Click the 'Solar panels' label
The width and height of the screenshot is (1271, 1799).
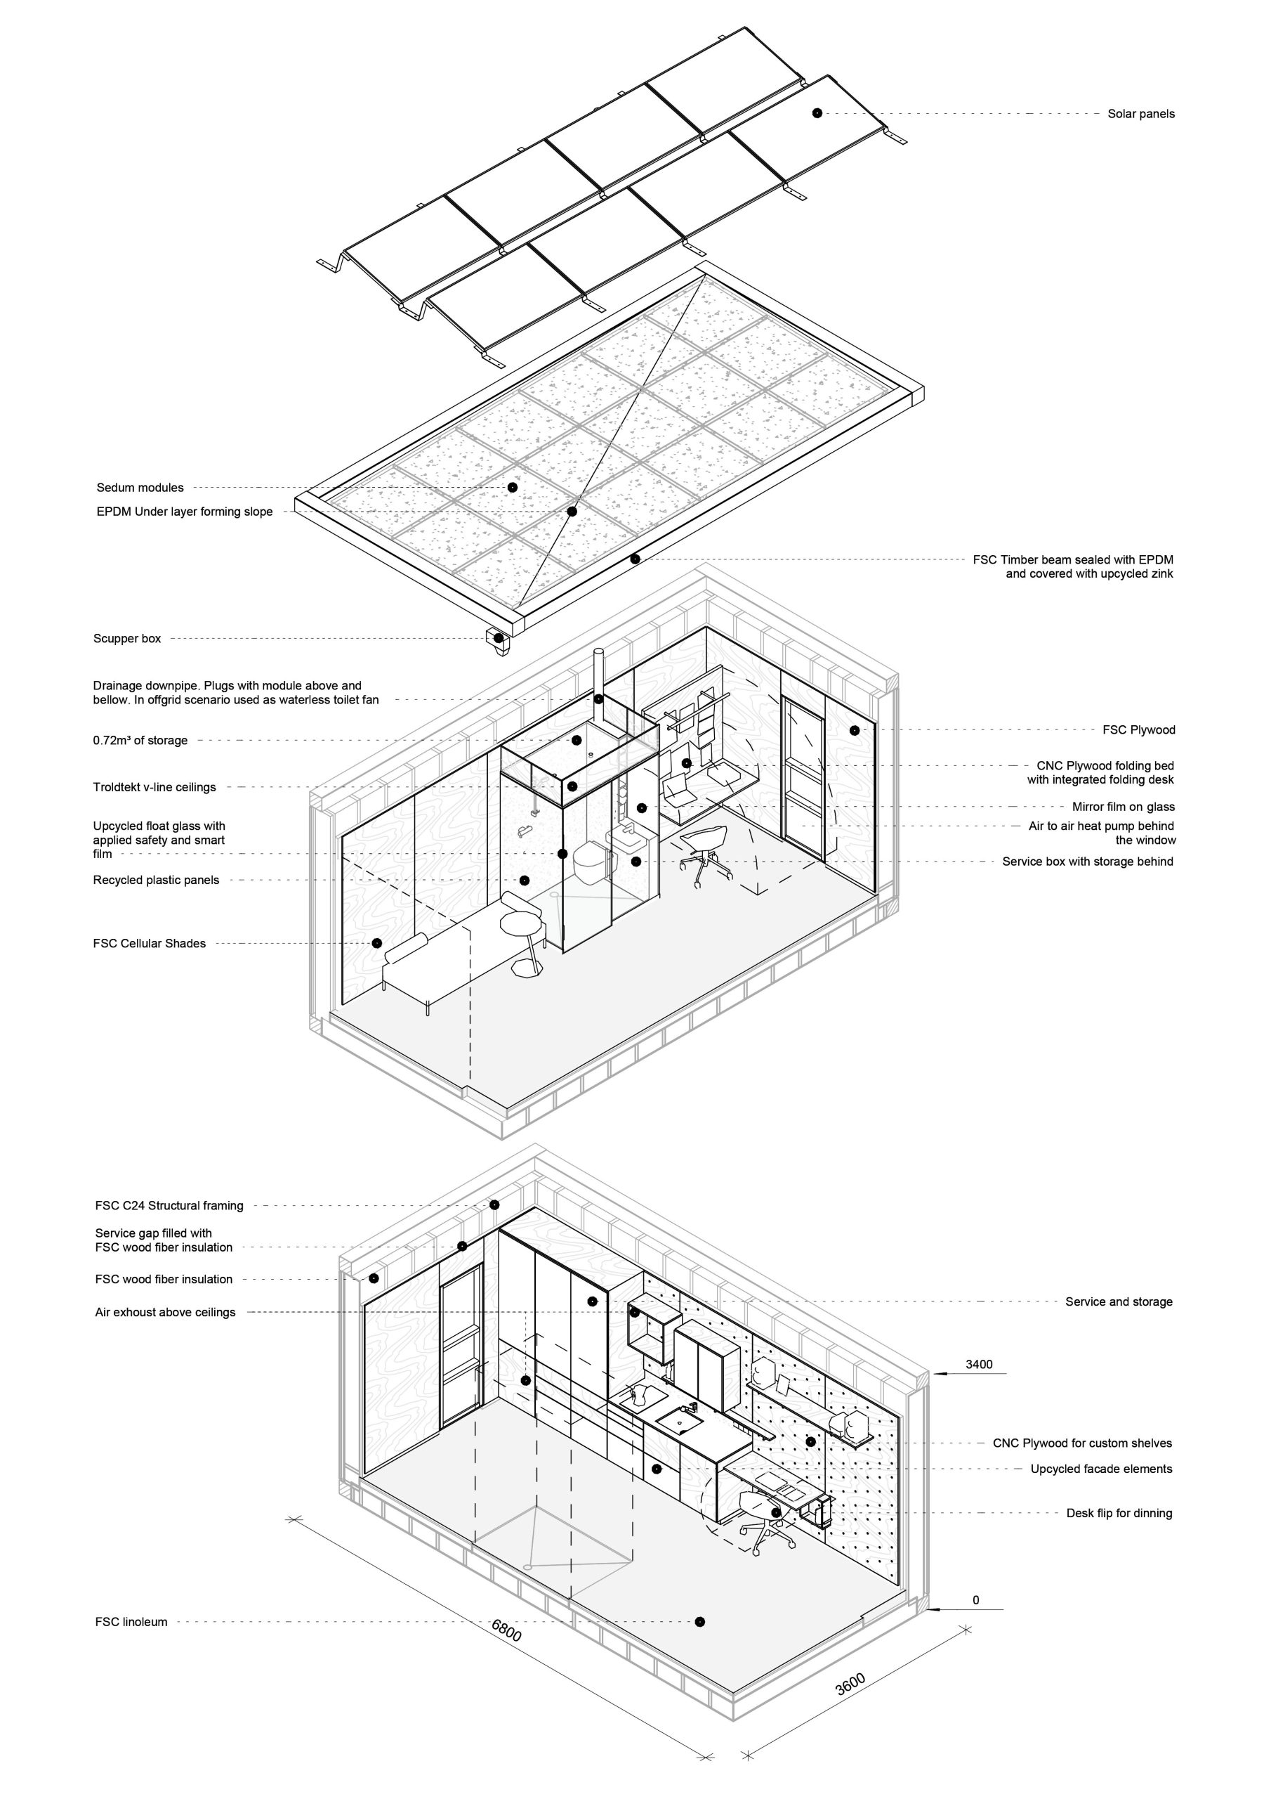click(1140, 114)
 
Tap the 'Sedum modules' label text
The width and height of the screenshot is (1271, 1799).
click(140, 488)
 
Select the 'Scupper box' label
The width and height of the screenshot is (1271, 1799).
click(127, 639)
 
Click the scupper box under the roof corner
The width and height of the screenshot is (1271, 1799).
click(497, 639)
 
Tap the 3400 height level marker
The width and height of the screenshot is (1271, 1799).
click(978, 1364)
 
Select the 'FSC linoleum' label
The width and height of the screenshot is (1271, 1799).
click(131, 1622)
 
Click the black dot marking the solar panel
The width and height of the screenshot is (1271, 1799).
click(817, 113)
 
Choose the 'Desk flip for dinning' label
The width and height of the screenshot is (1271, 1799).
click(1119, 1513)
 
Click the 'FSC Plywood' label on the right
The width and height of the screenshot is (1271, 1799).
click(1139, 729)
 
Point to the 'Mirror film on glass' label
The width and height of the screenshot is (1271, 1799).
click(1123, 806)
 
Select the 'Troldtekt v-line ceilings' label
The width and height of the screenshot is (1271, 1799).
click(154, 786)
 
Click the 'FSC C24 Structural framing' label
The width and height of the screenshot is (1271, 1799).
click(169, 1205)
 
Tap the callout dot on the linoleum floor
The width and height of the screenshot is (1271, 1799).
click(699, 1621)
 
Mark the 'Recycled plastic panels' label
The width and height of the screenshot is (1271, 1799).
click(156, 880)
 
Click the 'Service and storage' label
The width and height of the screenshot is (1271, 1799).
click(1119, 1301)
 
